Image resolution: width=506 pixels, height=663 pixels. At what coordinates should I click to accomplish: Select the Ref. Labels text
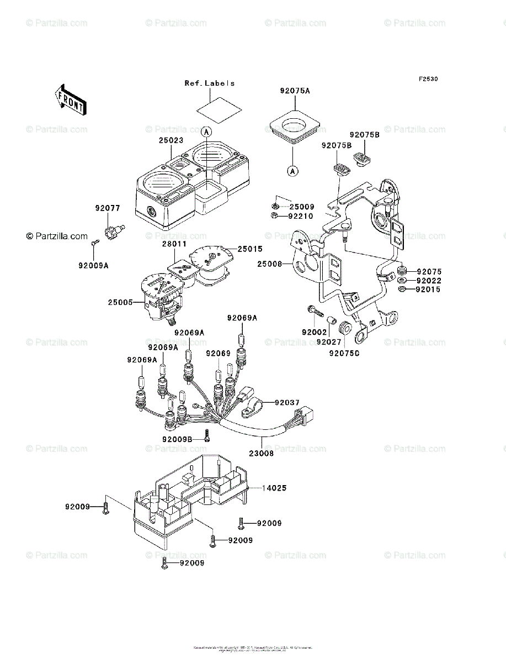210,83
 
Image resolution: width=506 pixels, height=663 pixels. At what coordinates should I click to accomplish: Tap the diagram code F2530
428,79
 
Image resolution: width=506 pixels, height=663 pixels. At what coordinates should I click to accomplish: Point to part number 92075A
295,90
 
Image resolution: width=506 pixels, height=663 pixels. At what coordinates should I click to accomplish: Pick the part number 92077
107,208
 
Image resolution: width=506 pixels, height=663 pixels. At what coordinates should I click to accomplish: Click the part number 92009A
93,265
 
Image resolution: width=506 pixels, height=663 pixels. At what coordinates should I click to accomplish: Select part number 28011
174,244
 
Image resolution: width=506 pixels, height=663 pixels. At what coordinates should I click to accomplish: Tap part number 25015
250,249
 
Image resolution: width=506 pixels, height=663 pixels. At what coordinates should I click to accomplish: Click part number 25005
121,303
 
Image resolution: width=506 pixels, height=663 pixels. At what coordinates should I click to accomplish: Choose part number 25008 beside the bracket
270,265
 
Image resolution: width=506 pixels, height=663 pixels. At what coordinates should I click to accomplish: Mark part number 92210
301,216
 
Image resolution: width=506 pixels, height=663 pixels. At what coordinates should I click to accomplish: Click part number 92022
429,281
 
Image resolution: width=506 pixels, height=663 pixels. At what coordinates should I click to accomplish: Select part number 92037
287,402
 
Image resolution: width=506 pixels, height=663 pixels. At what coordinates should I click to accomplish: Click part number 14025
274,488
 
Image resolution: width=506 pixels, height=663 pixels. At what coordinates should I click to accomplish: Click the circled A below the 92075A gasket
292,171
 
